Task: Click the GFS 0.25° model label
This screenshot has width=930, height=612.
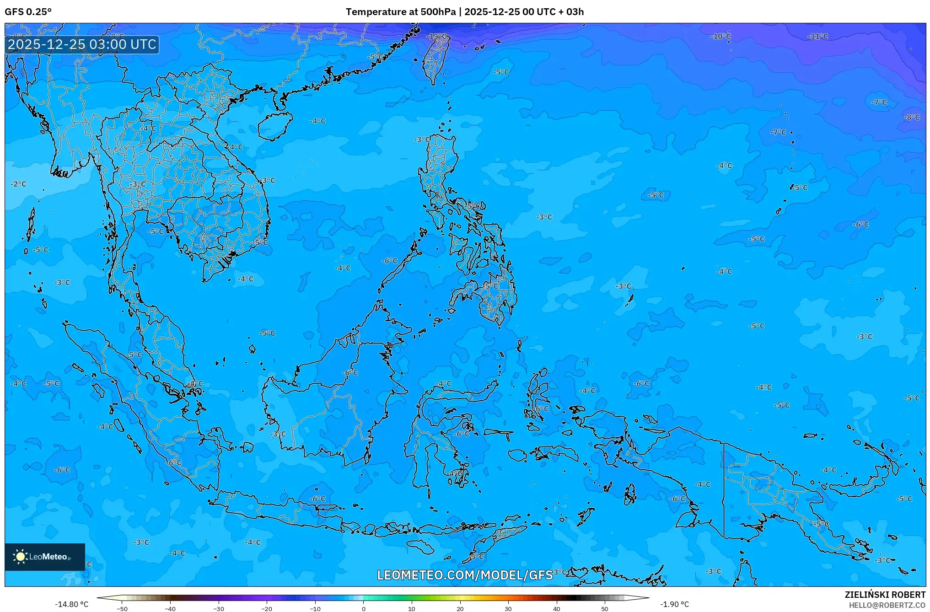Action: pos(28,12)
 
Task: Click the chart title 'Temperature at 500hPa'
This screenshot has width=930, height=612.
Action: pos(400,12)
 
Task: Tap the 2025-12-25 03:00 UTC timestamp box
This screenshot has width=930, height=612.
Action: pos(82,44)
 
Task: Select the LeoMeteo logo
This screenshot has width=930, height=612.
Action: pos(44,557)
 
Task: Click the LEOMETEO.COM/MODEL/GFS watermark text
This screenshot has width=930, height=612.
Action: pos(465,575)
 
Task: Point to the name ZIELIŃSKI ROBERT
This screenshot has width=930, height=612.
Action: pos(885,595)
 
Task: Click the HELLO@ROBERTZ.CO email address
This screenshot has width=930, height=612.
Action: pos(887,605)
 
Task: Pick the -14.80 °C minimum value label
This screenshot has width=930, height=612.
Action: pos(71,604)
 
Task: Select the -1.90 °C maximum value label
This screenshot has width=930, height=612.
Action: pos(674,604)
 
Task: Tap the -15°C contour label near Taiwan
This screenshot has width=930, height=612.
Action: pos(436,36)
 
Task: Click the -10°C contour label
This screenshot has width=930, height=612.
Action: pos(720,36)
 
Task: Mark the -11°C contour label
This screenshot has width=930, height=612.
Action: pos(817,36)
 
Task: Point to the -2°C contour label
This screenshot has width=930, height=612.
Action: pos(19,184)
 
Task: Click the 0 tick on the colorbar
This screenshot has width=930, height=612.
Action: pos(364,609)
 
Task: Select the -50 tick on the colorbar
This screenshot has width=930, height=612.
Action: pos(122,609)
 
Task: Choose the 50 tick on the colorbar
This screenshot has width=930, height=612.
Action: pos(605,609)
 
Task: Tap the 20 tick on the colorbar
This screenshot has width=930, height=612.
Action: pos(460,609)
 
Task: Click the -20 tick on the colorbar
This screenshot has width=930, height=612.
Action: pos(267,609)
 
